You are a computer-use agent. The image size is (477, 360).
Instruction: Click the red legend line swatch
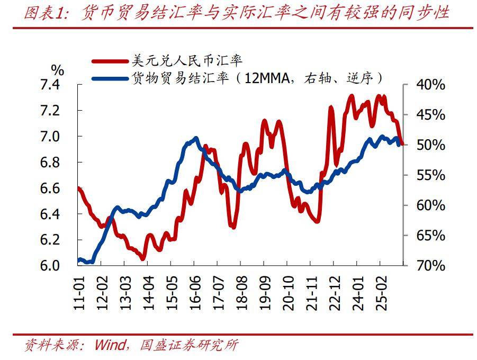pyautogui.click(x=110, y=62)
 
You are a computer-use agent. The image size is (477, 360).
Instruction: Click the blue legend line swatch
pyautogui.click(x=110, y=78)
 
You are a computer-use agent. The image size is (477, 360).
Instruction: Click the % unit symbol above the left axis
pyautogui.click(x=58, y=69)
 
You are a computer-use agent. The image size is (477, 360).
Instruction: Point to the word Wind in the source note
pyautogui.click(x=110, y=346)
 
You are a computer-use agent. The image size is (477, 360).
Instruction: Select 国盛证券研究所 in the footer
pyautogui.click(x=189, y=346)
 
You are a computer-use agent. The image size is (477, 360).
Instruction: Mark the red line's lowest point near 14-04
pyautogui.click(x=142, y=258)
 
